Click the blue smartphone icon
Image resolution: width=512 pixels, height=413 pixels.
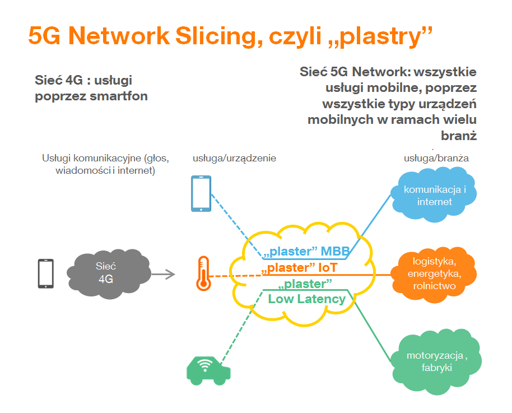[x=201, y=193]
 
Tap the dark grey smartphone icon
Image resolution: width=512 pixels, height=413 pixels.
[x=45, y=273]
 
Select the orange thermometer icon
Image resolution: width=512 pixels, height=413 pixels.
[x=203, y=273]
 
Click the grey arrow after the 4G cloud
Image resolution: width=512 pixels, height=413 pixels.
[x=162, y=274]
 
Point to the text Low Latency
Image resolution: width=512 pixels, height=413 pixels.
[x=306, y=299]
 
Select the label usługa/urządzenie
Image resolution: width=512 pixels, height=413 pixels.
[x=234, y=159]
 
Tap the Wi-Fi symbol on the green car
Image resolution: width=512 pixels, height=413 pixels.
[x=206, y=366]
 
